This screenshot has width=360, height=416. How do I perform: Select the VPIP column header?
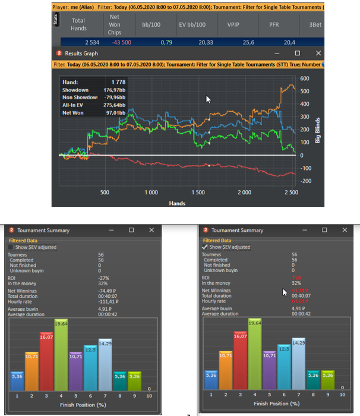[x=233, y=24]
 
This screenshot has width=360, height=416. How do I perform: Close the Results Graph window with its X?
[x=318, y=53]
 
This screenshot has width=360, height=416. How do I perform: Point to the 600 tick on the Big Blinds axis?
[x=305, y=78]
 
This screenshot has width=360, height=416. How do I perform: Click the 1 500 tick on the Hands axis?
[x=198, y=193]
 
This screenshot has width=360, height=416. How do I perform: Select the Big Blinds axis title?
[x=318, y=129]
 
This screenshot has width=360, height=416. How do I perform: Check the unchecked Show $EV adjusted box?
[x=10, y=247]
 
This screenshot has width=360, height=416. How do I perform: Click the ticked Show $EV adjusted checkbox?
[x=206, y=247]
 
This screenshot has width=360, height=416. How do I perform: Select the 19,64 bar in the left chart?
[x=61, y=357]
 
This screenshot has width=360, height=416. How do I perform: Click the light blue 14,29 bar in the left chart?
[x=105, y=365]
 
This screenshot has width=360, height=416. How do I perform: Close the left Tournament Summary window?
[x=151, y=230]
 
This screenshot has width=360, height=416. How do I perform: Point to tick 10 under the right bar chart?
[x=343, y=394]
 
